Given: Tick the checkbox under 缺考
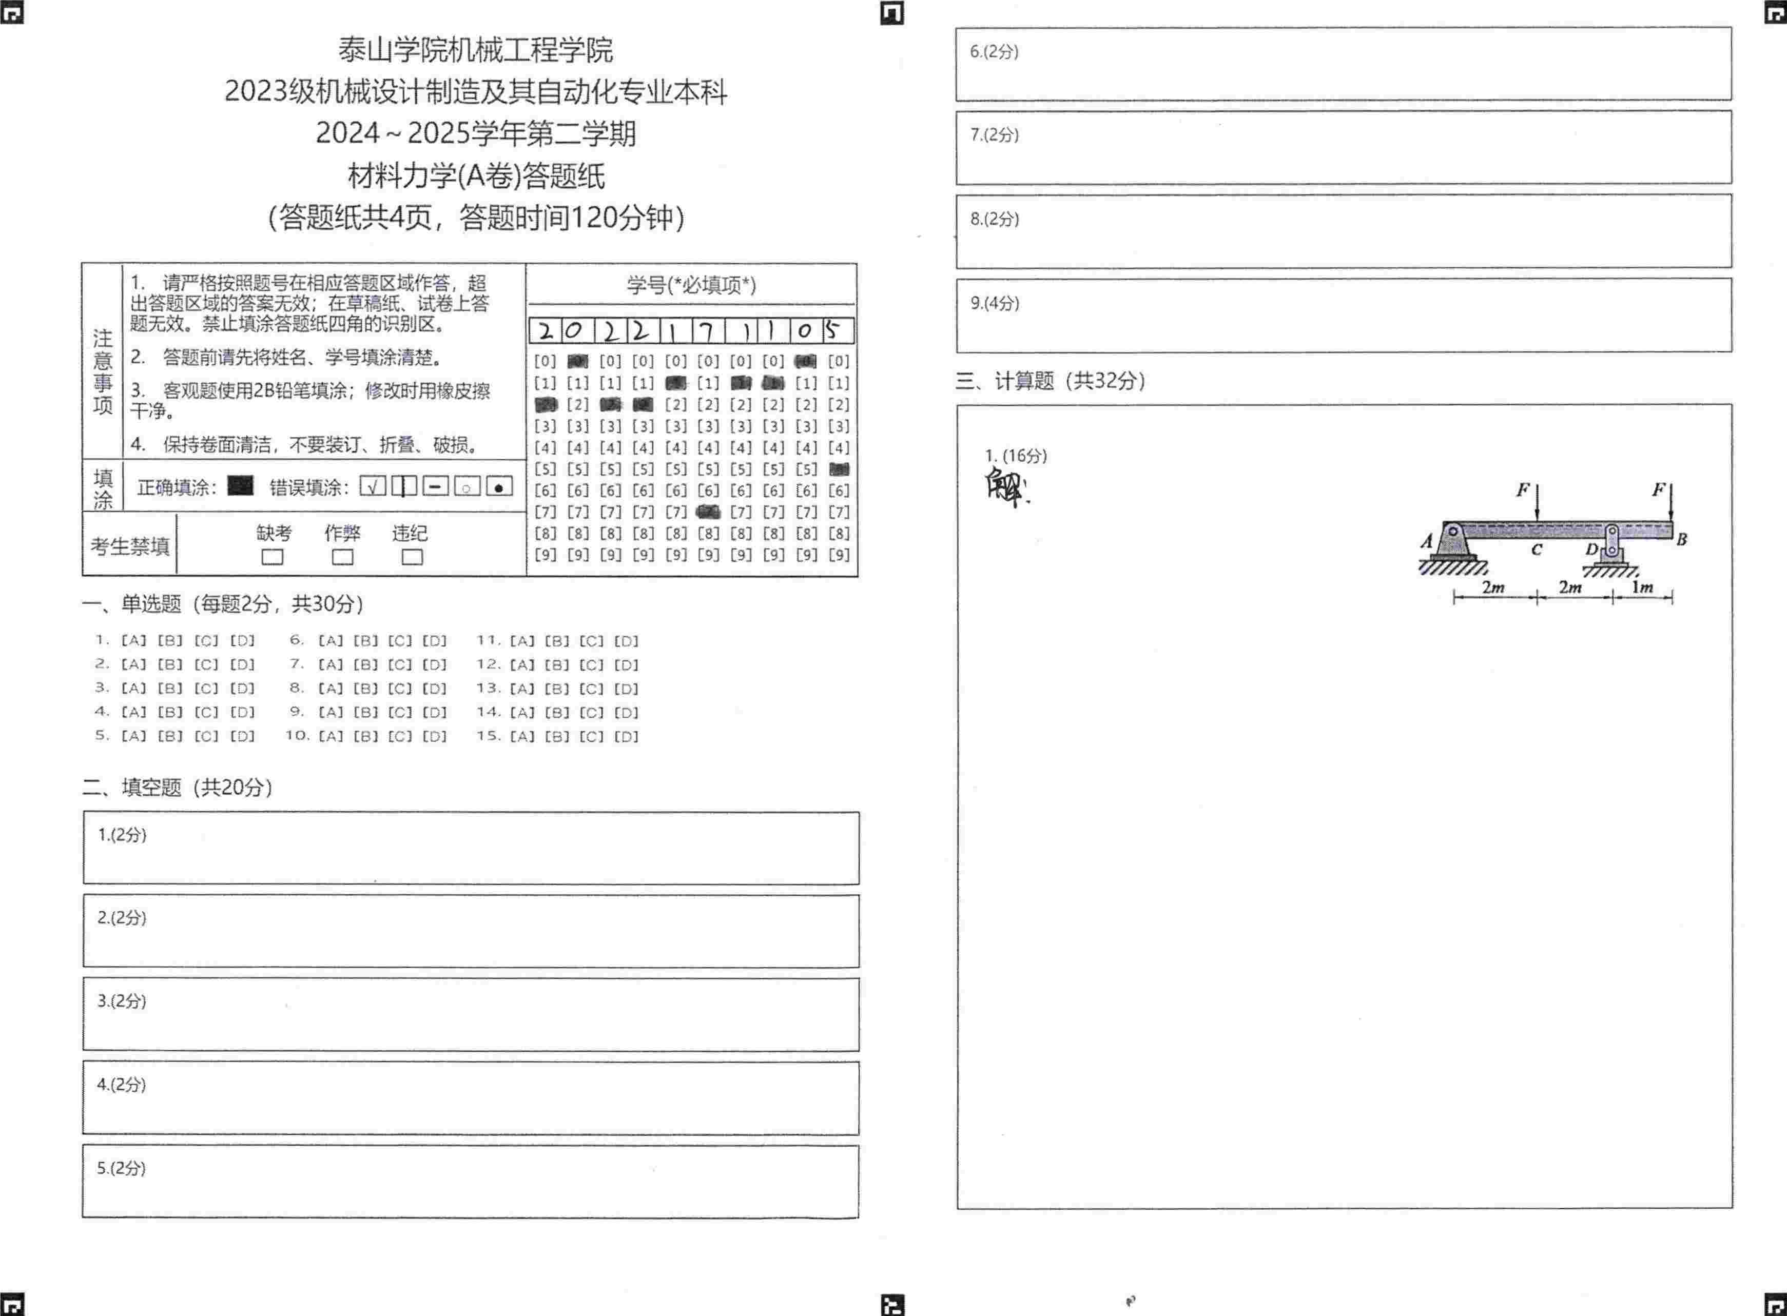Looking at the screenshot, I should coord(273,557).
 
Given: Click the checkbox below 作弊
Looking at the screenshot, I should coord(343,557).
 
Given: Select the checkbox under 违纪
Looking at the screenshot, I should coord(412,557).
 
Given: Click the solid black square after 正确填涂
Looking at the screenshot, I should coord(240,486).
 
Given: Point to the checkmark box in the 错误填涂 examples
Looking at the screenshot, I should coord(372,486).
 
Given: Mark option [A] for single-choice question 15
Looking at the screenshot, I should coord(522,736).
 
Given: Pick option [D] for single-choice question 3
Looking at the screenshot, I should coord(242,689).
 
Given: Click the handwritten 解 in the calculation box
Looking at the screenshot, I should coord(1005,487).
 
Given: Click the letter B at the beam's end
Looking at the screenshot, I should coord(1681,539).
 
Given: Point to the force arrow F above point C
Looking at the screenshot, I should coord(1537,502).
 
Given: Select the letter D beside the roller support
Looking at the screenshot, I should coord(1591,549).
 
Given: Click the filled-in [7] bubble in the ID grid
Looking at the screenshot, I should coord(708,512).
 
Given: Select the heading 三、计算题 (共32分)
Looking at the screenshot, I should coord(1050,381).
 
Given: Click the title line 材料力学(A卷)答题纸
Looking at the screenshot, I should coord(476,175).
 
